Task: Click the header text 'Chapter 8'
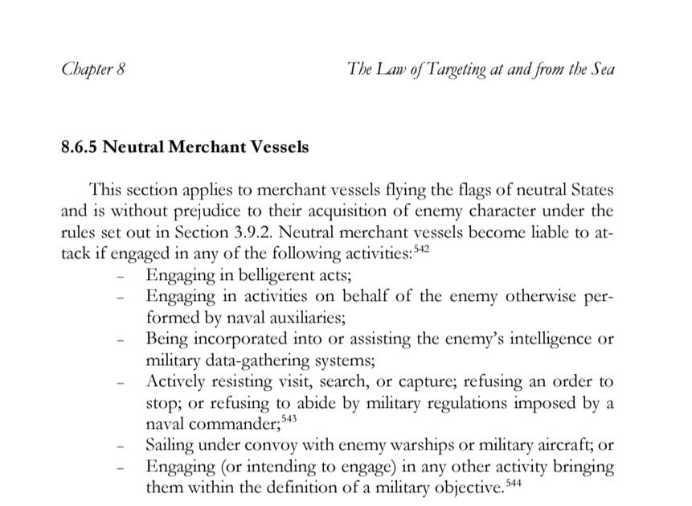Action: [x=92, y=70]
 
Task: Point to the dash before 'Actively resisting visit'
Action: [x=121, y=381]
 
